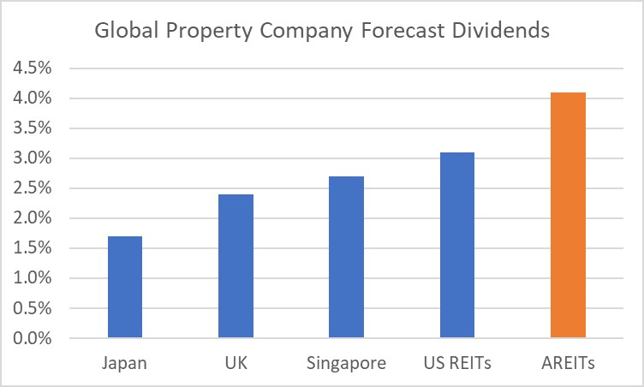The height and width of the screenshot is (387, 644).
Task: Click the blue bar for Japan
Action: point(125,287)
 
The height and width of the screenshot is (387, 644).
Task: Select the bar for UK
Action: point(236,266)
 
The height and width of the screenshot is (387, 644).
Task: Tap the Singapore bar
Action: point(346,257)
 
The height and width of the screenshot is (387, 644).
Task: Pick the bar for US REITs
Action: point(457,245)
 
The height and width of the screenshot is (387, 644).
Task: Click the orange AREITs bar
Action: point(568,215)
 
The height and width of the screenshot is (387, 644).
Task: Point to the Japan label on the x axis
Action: point(125,363)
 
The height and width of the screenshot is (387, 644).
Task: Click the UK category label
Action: point(236,363)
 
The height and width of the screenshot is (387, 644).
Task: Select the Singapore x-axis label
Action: point(346,363)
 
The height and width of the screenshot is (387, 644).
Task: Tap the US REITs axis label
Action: point(457,363)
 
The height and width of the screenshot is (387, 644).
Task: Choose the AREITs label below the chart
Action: point(568,363)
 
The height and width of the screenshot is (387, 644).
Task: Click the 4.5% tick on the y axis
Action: point(32,68)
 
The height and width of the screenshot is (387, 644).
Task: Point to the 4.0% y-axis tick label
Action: point(32,98)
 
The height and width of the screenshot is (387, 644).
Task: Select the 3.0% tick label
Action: point(32,158)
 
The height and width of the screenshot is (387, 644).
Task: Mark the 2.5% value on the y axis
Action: point(32,188)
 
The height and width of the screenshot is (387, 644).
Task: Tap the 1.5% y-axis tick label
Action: point(32,248)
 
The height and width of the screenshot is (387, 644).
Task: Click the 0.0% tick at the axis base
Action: point(32,338)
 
